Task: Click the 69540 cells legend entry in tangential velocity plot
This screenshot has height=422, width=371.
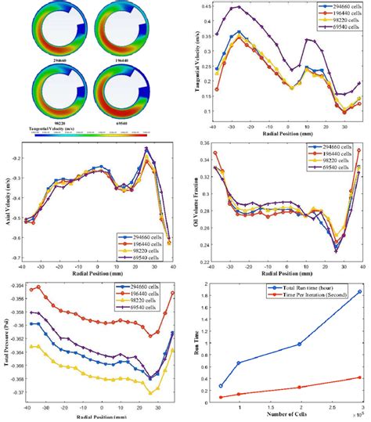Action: tap(338, 29)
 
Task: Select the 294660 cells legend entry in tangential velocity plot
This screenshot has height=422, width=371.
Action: tap(338, 8)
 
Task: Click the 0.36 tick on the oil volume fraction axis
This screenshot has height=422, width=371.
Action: tap(207, 144)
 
